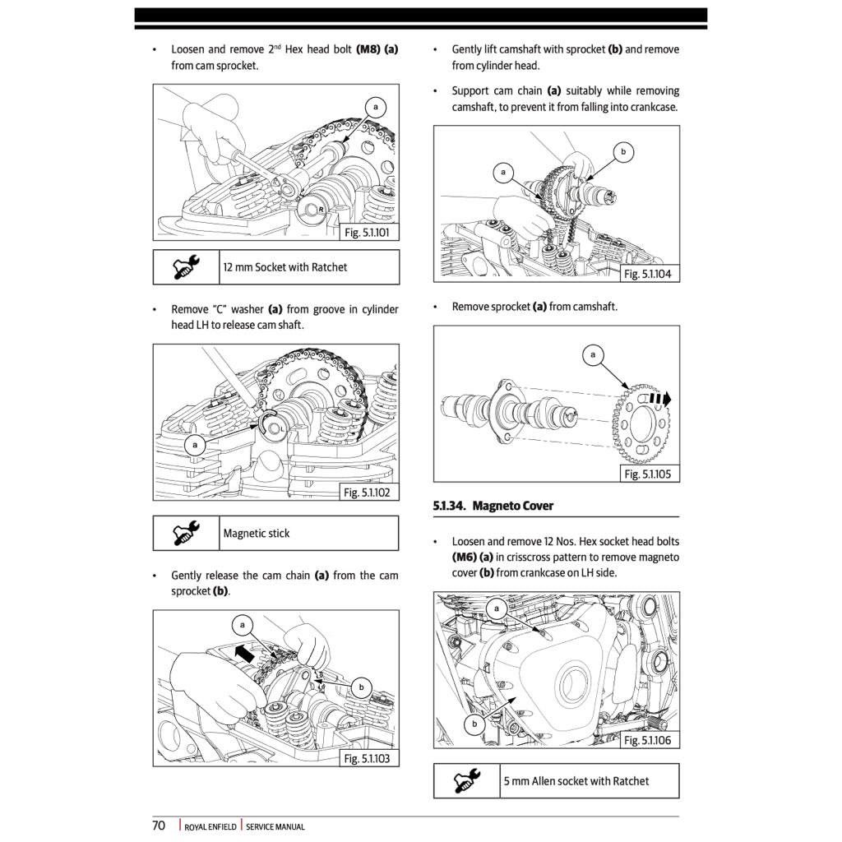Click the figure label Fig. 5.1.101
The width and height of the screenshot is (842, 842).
coord(367,233)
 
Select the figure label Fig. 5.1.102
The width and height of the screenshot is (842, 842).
coord(367,493)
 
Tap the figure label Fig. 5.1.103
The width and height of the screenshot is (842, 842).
coord(367,758)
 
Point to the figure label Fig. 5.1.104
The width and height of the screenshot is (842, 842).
coord(647,274)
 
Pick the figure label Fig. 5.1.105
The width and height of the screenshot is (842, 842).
coord(647,474)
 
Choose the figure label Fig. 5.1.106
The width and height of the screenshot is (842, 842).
coord(647,741)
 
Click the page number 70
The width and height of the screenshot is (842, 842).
coord(159,826)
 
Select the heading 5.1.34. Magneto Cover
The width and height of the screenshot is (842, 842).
coord(493,506)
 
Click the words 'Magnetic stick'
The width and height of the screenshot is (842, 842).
coord(257,534)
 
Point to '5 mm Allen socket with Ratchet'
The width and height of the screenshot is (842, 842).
coord(576,781)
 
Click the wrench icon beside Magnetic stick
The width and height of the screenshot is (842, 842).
coord(187,534)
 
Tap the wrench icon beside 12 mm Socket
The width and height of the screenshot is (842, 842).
coord(187,267)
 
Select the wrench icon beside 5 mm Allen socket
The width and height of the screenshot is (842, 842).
coord(467,781)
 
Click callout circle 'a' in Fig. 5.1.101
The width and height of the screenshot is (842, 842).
coord(376,108)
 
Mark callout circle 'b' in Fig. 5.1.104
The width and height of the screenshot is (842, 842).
coord(623,151)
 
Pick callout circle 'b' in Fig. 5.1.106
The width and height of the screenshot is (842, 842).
coord(474,724)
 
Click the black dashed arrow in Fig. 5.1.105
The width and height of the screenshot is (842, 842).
coord(659,399)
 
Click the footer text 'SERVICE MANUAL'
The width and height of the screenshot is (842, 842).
coord(275,827)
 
